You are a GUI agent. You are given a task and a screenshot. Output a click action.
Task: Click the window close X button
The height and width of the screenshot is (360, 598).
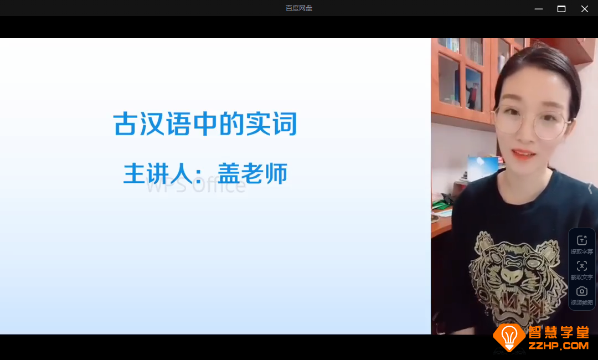click(584, 8)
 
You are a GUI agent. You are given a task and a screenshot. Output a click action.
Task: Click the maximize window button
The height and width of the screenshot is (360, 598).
click(561, 8)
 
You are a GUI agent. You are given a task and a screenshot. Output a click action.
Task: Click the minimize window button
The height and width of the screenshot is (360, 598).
click(538, 8)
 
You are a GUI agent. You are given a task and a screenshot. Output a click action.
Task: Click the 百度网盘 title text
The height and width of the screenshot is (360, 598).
click(299, 8)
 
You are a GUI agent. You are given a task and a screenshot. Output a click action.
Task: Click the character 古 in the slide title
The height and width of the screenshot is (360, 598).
click(125, 124)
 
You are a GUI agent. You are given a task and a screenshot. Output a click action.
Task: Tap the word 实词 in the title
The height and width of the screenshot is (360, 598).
click(271, 124)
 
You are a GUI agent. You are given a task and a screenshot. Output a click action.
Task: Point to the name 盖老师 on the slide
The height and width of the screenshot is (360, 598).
click(252, 173)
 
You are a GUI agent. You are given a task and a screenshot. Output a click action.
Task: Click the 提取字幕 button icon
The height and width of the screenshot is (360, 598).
click(581, 240)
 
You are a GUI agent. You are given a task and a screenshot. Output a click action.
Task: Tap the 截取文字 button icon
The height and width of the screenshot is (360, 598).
click(581, 266)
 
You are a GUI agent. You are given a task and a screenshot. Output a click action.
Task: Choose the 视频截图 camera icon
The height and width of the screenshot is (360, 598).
click(581, 291)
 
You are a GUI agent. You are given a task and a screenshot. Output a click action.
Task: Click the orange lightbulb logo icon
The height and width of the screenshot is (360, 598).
click(509, 336)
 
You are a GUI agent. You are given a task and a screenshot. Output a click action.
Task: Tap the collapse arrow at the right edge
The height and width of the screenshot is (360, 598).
click(590, 188)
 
